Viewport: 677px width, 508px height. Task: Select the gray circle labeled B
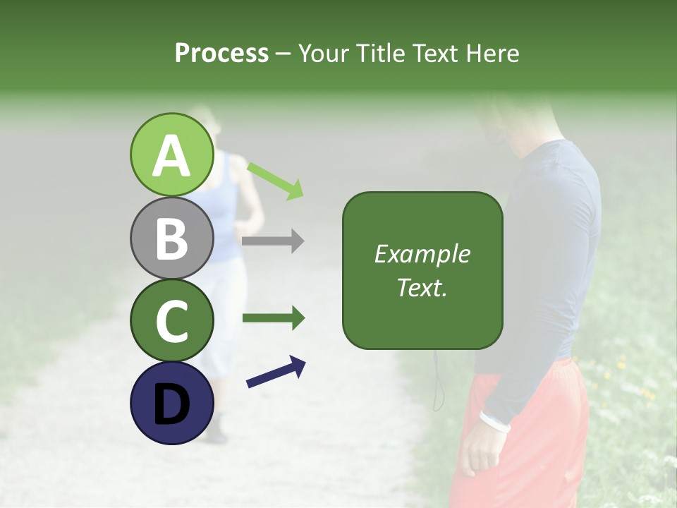pos(171,238)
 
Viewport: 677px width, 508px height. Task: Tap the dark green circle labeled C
pos(171,320)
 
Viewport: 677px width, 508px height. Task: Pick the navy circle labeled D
pos(171,403)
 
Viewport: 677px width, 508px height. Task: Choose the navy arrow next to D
pos(276,372)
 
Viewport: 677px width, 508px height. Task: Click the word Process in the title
pos(221,53)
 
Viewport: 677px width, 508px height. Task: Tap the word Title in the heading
pos(379,53)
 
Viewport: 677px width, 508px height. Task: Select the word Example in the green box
pos(422,254)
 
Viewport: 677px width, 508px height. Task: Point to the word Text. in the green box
pos(422,287)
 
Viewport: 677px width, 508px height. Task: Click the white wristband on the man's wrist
pos(494,421)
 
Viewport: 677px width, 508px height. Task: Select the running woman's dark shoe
pos(216,432)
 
